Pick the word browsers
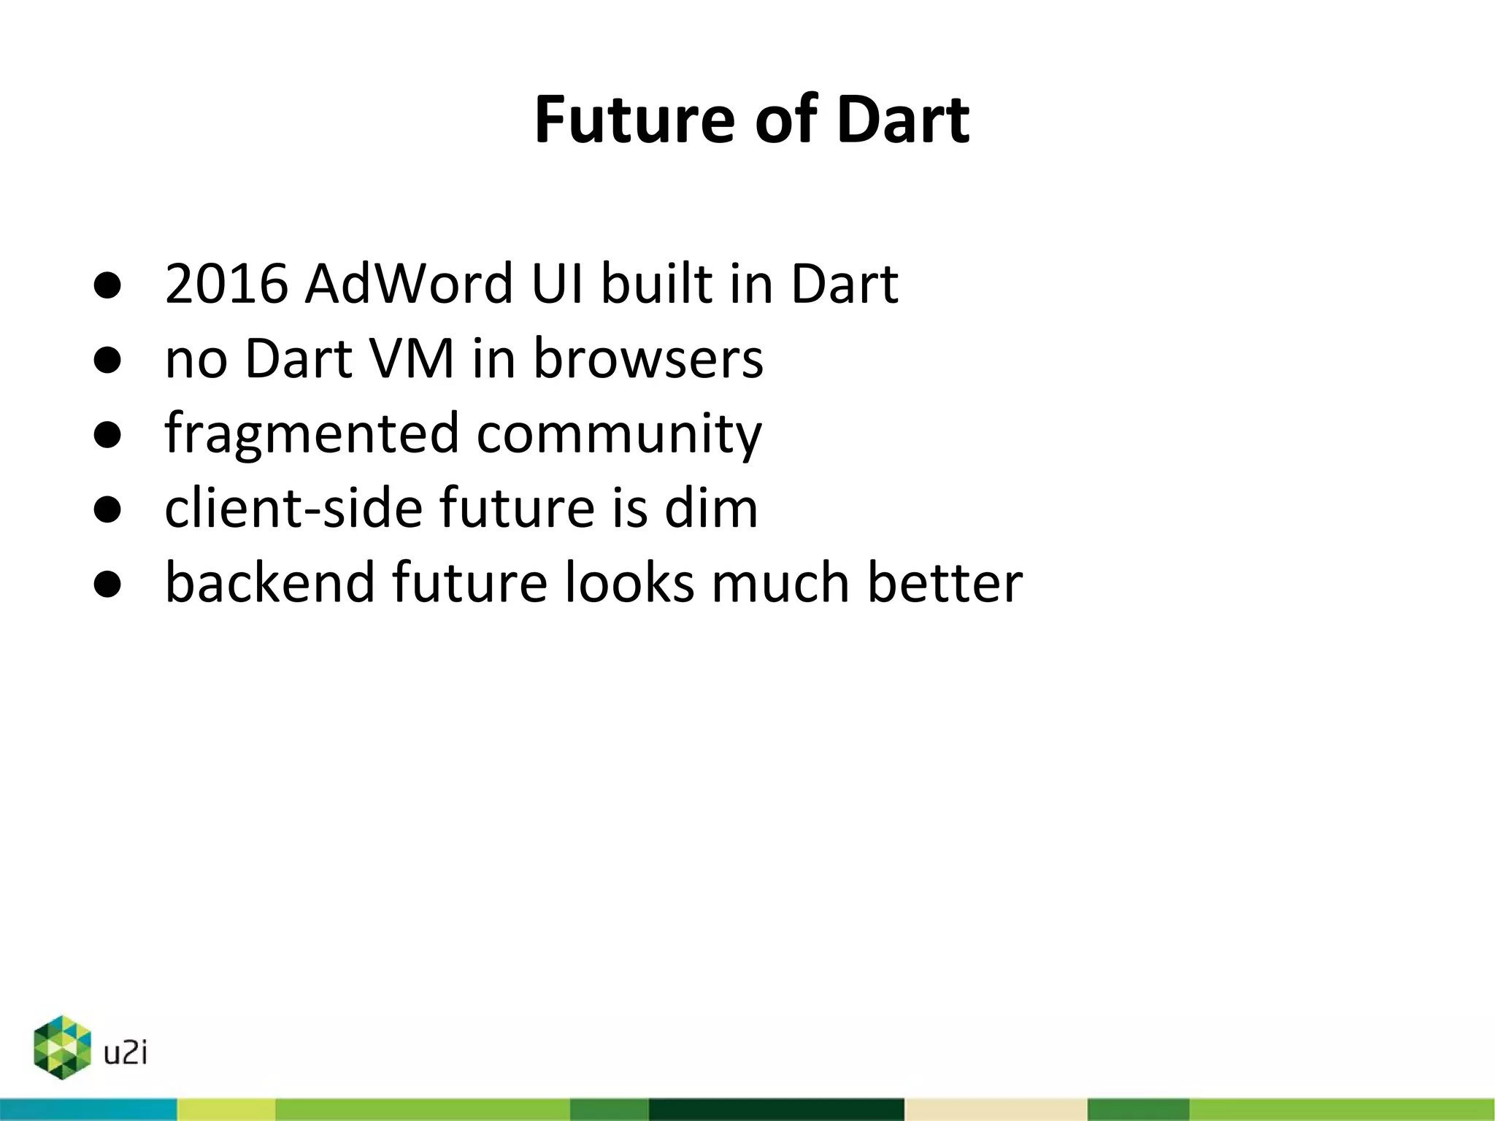click(x=648, y=358)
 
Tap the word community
click(x=619, y=434)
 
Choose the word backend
click(x=269, y=582)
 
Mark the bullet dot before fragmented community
click(x=107, y=435)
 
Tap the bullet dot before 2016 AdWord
click(x=107, y=285)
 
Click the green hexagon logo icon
click(x=62, y=1047)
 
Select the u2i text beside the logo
click(x=126, y=1053)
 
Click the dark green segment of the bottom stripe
click(x=776, y=1109)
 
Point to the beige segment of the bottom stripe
click(x=996, y=1109)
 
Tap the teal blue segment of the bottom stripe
click(x=88, y=1109)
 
